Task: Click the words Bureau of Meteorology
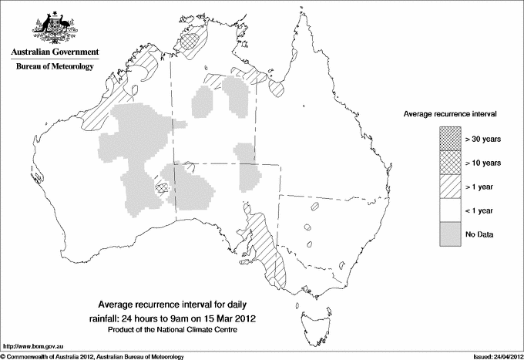(x=54, y=67)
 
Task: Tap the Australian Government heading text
(x=54, y=52)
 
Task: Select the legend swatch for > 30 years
(x=448, y=139)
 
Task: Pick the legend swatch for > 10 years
(x=448, y=163)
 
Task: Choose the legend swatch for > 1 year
(x=448, y=187)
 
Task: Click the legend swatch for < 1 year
(x=448, y=210)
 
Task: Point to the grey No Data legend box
(x=448, y=234)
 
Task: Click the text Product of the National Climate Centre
(x=178, y=330)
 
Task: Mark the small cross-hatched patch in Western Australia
(x=162, y=187)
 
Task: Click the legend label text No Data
(x=479, y=234)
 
